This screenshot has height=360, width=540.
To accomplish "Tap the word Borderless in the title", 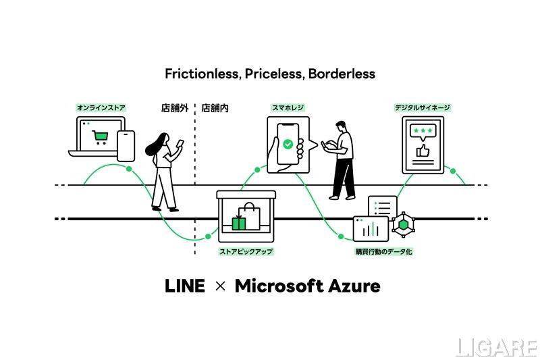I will [x=341, y=73].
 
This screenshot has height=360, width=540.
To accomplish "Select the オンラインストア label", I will [x=101, y=107].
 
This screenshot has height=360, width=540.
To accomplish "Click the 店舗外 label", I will [x=174, y=107].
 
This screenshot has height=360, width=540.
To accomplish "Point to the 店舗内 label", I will [x=215, y=107].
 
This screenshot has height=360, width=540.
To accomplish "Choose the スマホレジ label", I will [x=288, y=107].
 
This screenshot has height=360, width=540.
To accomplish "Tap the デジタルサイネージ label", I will [x=423, y=107].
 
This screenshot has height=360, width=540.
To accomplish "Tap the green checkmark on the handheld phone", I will [x=288, y=144].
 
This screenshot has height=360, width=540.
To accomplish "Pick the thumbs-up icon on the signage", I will [x=423, y=151].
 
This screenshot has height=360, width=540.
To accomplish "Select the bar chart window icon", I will [x=371, y=228].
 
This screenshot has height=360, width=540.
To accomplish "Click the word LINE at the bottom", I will [x=185, y=286].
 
